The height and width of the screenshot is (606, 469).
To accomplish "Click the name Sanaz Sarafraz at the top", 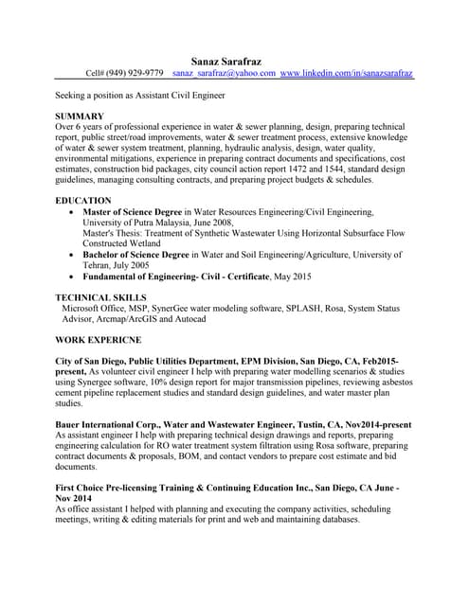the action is pyautogui.click(x=234, y=61).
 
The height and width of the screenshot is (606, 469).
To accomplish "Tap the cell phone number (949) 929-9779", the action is pyautogui.click(x=139, y=73).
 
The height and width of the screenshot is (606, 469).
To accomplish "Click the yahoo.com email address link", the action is pyautogui.click(x=224, y=73).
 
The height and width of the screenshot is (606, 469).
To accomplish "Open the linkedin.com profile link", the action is pyautogui.click(x=347, y=73).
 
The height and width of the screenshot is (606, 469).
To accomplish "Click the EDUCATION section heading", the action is pyautogui.click(x=84, y=202).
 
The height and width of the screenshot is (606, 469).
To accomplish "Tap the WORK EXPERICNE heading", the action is pyautogui.click(x=99, y=338).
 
